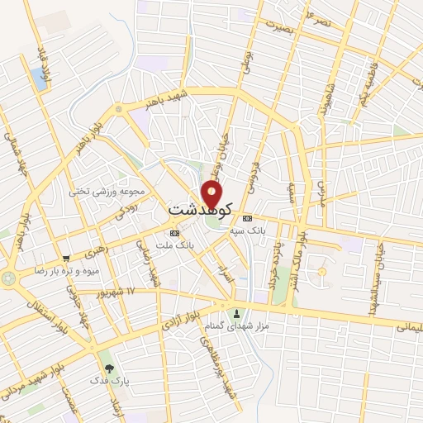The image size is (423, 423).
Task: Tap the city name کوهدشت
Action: click(x=201, y=210)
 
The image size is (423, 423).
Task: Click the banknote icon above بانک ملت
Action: click(x=173, y=233)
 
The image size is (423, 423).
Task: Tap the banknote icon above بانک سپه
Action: click(x=248, y=218)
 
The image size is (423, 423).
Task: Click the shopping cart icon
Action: click(x=66, y=258)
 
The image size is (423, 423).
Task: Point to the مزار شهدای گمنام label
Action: click(x=240, y=326)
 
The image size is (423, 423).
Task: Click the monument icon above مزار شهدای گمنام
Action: click(x=238, y=313)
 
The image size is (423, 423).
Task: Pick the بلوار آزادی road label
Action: click(x=188, y=316)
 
